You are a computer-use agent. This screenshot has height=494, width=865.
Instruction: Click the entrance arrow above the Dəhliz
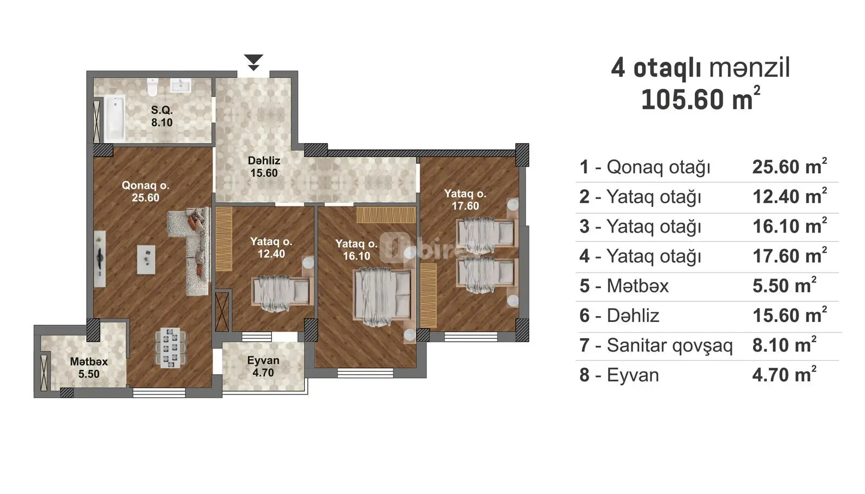click(x=254, y=62)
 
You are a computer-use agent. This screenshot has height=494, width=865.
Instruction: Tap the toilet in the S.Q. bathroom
click(x=152, y=87)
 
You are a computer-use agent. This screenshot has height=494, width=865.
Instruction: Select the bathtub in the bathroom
click(x=114, y=118)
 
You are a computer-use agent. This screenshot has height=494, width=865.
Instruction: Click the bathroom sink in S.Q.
click(x=181, y=85)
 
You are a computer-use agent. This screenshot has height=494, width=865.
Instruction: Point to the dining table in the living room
click(x=170, y=347)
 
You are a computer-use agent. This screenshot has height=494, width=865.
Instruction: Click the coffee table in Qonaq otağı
click(x=147, y=260)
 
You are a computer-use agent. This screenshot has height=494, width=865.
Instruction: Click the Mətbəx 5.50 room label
click(x=89, y=367)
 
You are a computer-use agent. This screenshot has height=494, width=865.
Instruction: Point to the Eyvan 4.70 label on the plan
click(x=263, y=366)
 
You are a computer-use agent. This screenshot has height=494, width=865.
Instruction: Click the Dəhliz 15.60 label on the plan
click(x=264, y=167)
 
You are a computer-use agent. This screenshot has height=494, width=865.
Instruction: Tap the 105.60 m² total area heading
click(x=701, y=99)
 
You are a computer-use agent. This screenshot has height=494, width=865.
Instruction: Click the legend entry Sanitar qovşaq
click(x=670, y=345)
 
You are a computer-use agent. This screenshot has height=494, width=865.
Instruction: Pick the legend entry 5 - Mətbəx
click(x=624, y=286)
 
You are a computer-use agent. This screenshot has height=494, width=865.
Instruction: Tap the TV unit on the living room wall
click(x=100, y=259)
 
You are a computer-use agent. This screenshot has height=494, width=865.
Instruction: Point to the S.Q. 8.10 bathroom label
click(x=162, y=116)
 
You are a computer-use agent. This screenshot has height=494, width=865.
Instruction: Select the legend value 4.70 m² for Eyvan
click(x=784, y=374)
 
